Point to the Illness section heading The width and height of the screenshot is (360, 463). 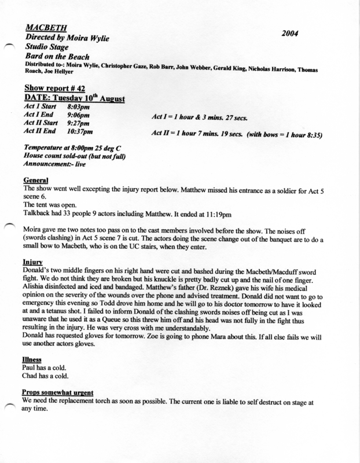click(32, 359)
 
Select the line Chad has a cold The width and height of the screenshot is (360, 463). click(44, 376)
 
